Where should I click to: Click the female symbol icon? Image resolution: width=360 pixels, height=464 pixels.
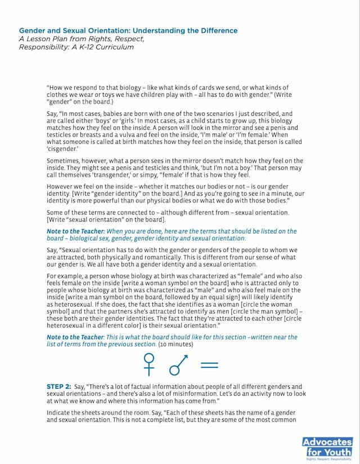(x=149, y=364)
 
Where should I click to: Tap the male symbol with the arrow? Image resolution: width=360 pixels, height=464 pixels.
(x=178, y=364)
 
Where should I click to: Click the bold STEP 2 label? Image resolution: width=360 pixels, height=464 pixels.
(x=58, y=387)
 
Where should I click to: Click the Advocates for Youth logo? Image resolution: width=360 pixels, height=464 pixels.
(x=327, y=447)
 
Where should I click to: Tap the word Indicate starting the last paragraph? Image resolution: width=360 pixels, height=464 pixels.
(x=60, y=413)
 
